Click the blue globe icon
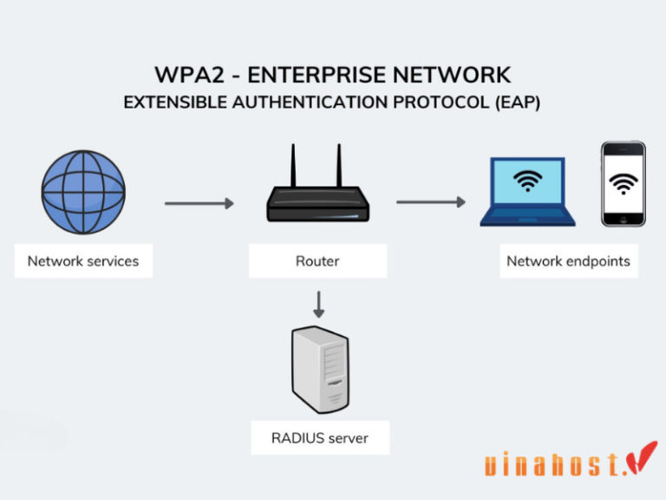point(83,192)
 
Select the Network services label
point(83,260)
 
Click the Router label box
point(318,260)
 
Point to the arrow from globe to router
point(199,204)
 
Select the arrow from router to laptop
point(431,202)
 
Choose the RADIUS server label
point(319,437)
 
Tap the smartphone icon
point(624,184)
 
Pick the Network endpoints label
point(568,260)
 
